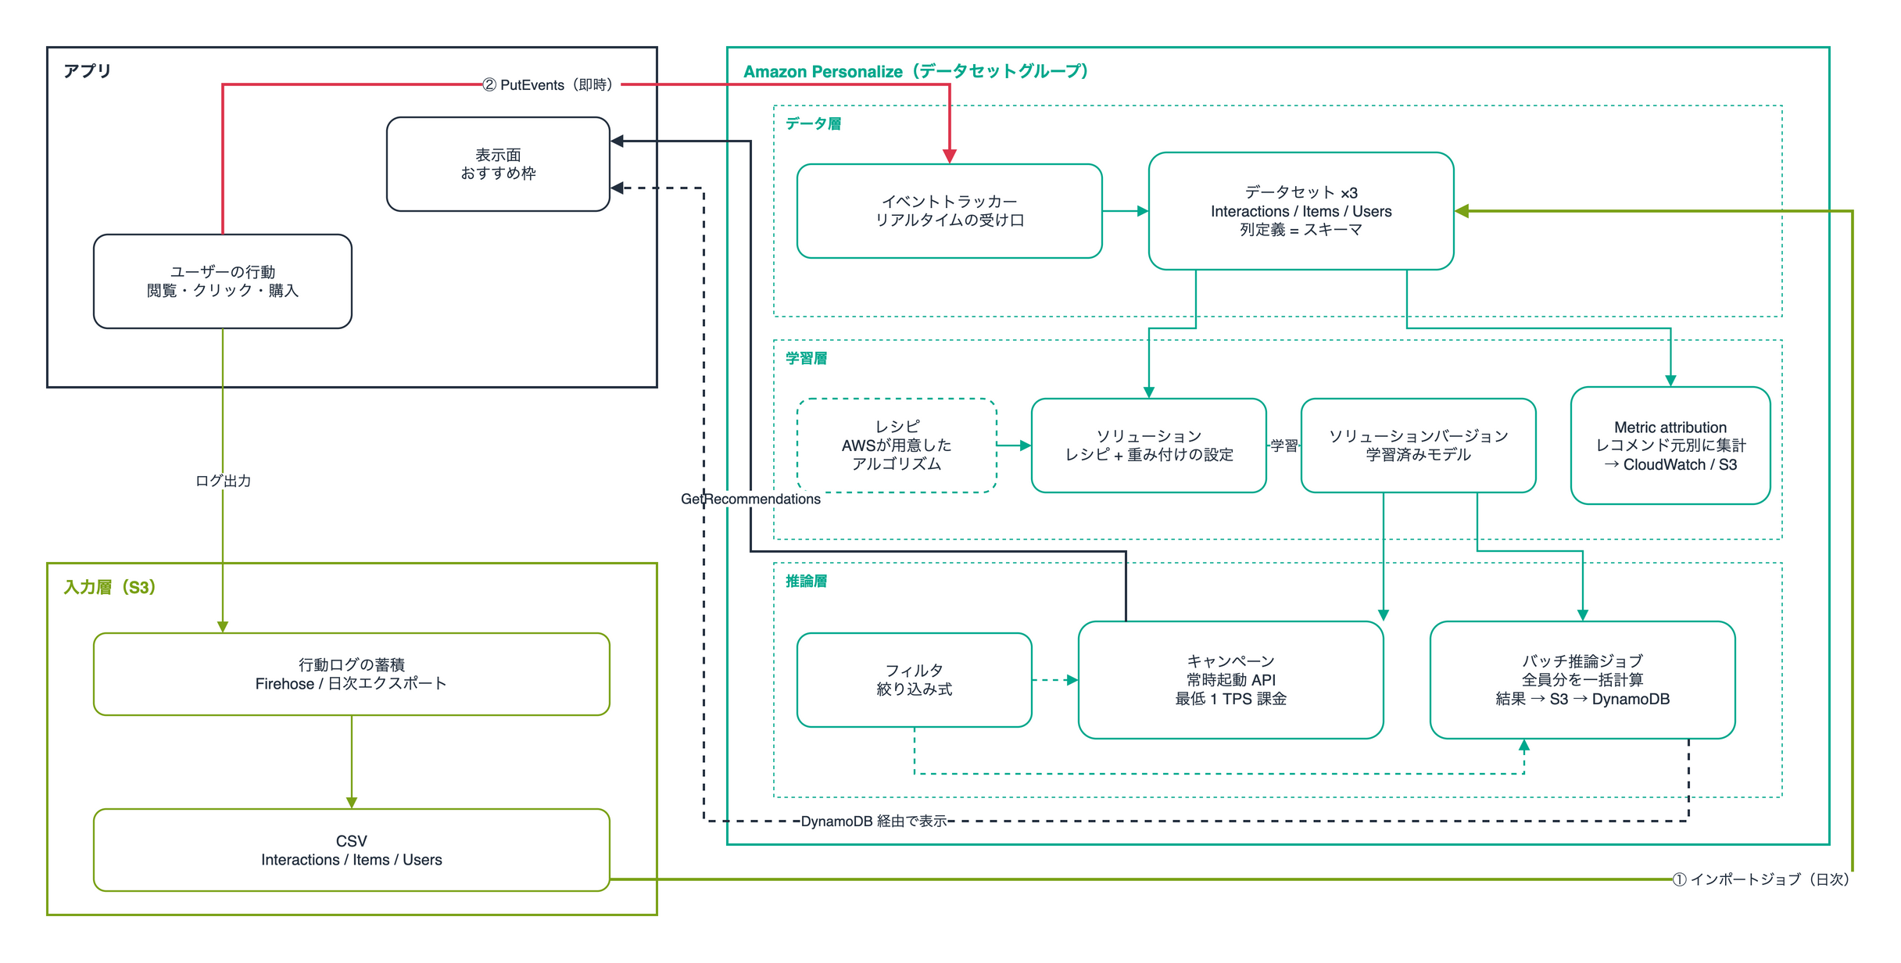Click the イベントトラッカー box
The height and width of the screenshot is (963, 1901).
click(949, 211)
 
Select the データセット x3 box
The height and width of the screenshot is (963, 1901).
click(1301, 211)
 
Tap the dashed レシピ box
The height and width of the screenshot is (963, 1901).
click(897, 446)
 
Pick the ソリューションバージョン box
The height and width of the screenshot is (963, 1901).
click(1418, 446)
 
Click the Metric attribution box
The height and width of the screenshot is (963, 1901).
click(1670, 446)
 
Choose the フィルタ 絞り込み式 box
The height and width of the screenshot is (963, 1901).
click(914, 680)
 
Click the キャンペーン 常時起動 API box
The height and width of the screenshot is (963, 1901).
click(1230, 680)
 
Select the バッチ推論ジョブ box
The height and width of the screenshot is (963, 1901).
click(1582, 680)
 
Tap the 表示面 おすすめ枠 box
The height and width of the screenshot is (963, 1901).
click(498, 164)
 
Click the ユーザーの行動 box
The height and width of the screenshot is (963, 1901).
click(222, 281)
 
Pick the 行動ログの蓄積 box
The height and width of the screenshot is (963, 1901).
click(351, 674)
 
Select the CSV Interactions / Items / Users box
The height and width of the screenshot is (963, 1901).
click(351, 850)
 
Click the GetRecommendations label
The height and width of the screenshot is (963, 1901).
click(750, 499)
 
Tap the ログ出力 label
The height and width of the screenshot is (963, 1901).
click(223, 481)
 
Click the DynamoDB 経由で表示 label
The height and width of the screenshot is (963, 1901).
click(873, 821)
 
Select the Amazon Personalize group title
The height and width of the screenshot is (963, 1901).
click(915, 71)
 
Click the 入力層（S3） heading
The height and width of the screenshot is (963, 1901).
click(109, 587)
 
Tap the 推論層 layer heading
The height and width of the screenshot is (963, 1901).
click(806, 581)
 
